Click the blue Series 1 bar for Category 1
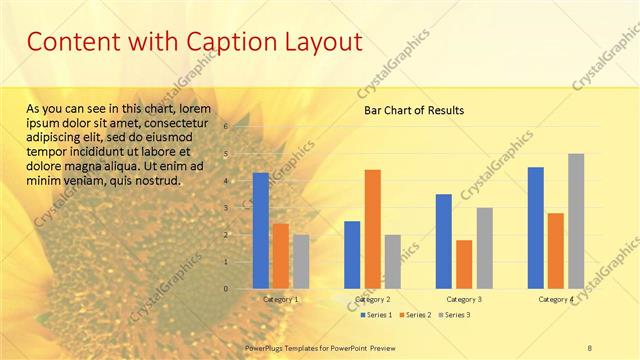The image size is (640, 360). coord(261,230)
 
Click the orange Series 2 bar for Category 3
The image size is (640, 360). coord(464,264)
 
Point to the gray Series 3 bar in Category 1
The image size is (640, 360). coord(301,261)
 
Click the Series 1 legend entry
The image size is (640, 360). coord(377,315)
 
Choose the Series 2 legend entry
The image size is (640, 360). coord(416,315)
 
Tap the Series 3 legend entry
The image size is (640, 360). coord(455,315)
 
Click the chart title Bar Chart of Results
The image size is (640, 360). coord(413,111)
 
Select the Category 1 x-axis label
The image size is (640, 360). coord(280,299)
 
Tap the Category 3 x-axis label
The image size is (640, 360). coord(464,299)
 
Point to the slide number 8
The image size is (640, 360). coord(590,347)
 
